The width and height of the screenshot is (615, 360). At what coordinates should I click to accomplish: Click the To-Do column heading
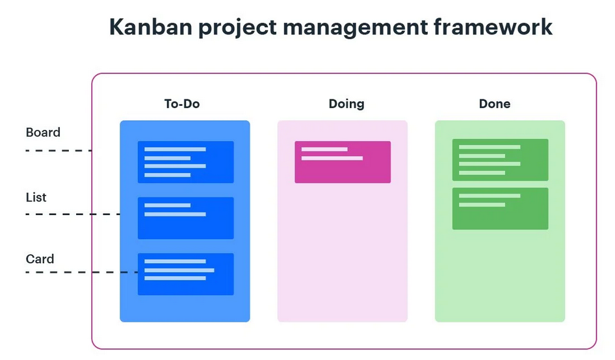pos(182,104)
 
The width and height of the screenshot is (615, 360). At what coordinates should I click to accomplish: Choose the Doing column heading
pos(347,104)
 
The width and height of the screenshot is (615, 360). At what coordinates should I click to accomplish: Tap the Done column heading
pos(495,104)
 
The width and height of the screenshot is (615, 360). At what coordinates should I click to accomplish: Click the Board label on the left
pos(43,133)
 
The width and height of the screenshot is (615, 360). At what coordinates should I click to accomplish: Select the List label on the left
pos(36,197)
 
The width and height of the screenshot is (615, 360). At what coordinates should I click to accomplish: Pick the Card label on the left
pos(40,259)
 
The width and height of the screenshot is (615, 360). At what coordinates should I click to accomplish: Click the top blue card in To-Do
pos(185,162)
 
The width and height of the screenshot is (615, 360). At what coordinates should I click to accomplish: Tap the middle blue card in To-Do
pos(185,218)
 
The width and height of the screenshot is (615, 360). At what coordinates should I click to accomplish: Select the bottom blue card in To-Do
pos(185,274)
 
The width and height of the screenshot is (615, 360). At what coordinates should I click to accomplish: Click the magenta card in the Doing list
pos(343,162)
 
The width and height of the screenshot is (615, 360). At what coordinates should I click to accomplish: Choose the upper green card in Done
pos(500,160)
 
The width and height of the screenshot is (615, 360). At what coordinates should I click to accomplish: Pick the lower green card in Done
pos(500,209)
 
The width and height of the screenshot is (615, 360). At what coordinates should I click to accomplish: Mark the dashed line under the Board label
pos(59,151)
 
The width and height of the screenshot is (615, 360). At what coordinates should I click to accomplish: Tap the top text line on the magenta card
pos(324,149)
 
